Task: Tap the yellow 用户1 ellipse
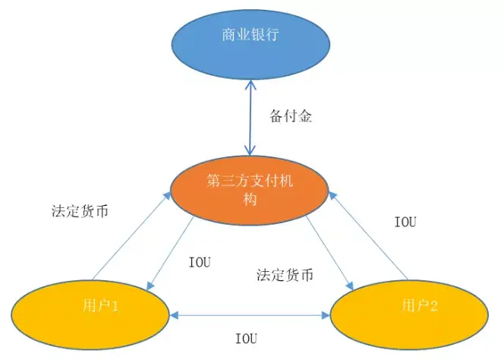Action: tap(90, 312)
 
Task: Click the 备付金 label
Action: tap(291, 117)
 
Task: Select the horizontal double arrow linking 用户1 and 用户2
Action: tap(251, 312)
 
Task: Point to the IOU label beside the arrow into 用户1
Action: tap(199, 262)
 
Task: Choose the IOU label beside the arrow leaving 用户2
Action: tap(406, 222)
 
